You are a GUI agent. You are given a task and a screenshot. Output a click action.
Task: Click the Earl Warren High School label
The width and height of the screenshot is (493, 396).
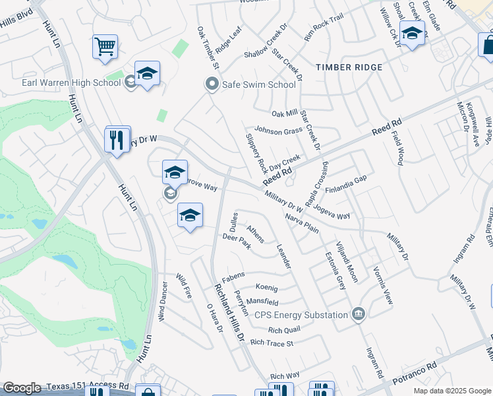(71, 82)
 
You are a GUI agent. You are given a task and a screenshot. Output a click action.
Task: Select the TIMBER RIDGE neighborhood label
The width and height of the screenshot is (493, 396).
(349, 67)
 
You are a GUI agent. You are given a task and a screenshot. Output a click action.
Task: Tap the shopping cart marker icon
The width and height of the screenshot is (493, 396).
(105, 46)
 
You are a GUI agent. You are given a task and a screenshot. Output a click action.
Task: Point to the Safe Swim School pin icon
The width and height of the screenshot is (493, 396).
(212, 84)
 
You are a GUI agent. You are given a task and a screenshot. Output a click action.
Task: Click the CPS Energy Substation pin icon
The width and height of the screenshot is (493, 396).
(358, 313)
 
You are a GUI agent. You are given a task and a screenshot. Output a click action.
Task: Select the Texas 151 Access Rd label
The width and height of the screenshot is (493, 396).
(86, 385)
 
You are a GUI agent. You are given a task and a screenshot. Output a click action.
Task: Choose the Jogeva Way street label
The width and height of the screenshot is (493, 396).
(332, 212)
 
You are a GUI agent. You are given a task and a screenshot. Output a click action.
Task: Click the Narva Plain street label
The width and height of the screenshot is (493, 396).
(302, 223)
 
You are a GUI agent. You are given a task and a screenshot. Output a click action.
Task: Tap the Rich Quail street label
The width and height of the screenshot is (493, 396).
(284, 329)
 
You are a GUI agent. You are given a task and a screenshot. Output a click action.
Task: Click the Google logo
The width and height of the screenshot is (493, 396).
(22, 388)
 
